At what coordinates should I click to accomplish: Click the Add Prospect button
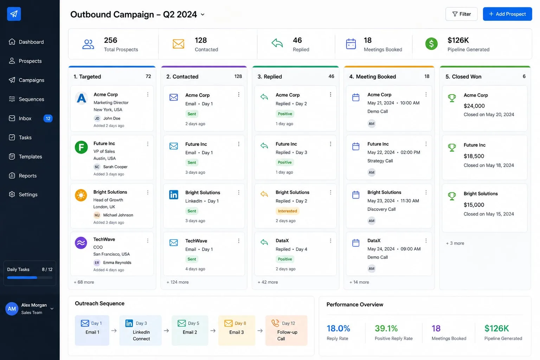507,14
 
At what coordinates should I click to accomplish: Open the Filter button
461,14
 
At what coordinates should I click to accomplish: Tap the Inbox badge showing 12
48,118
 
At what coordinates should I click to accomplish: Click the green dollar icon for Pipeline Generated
431,44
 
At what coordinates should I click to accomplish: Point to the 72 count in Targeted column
148,76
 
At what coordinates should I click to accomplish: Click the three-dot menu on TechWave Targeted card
148,240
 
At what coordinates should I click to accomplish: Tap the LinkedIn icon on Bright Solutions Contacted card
174,194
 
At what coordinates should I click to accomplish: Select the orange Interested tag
287,211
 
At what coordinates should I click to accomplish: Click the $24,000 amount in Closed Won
474,106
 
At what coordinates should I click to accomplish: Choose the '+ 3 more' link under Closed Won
455,243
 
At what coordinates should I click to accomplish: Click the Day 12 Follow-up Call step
286,330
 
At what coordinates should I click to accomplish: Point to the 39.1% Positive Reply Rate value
386,328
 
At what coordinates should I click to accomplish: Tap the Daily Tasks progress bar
30,277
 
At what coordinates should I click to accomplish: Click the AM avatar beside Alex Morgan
12,309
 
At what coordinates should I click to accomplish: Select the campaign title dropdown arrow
203,14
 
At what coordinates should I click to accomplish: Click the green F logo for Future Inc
81,147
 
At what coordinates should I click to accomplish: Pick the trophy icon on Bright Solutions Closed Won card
452,196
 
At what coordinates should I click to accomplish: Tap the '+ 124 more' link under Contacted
178,282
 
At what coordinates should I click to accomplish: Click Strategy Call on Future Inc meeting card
380,161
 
